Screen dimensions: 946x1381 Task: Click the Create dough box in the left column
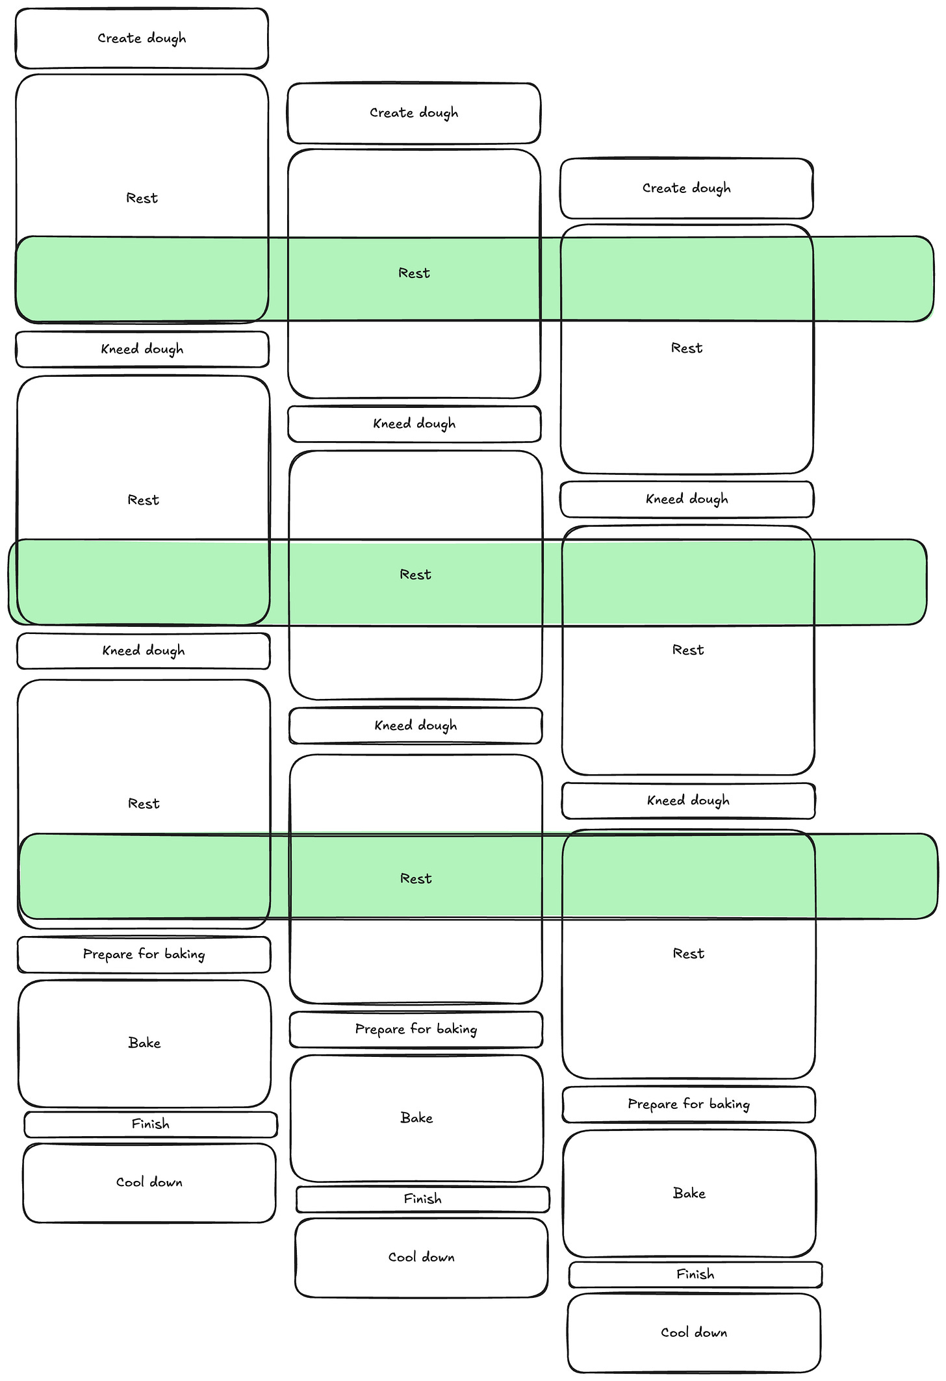coord(142,38)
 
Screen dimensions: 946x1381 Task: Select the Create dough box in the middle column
coord(414,113)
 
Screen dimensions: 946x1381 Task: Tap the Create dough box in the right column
coord(687,188)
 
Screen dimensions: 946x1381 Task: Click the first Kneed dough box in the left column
coord(142,349)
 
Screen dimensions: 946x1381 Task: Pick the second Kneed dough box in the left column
coord(144,651)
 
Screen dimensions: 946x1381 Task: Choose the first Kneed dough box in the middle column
coord(415,424)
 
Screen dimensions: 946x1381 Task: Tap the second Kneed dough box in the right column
coord(689,801)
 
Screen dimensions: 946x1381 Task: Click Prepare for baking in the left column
coord(144,955)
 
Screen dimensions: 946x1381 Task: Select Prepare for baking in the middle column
coord(416,1030)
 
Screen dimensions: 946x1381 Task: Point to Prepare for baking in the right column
coord(689,1104)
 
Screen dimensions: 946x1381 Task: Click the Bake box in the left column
coord(144,1043)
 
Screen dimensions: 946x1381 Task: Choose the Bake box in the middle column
coord(416,1118)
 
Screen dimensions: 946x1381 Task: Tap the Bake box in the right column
coord(689,1193)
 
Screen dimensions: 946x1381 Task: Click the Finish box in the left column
coord(151,1124)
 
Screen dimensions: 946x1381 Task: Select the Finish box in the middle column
coord(423,1199)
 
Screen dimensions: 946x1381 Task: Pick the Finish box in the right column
coord(695,1274)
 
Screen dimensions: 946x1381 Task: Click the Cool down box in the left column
coord(149,1183)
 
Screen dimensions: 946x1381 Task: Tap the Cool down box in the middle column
coord(422,1258)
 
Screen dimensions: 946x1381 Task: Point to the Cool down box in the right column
coord(694,1333)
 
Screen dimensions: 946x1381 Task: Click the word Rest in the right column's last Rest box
coord(689,954)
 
